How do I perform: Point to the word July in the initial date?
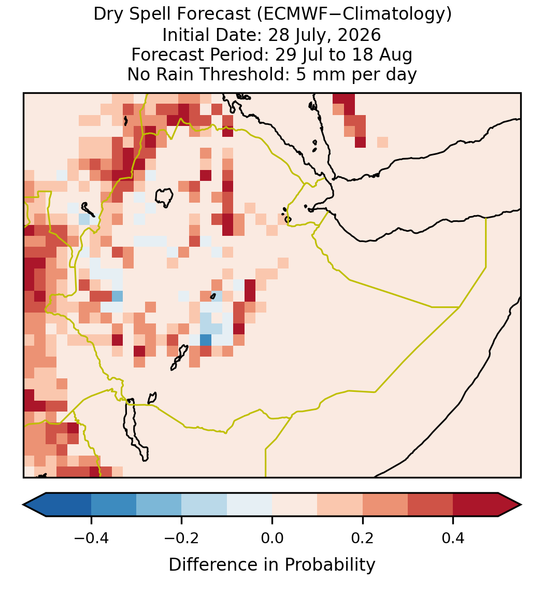307,36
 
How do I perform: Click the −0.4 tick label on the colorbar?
91,538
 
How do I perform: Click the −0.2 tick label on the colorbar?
182,538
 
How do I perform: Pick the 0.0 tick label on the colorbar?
272,538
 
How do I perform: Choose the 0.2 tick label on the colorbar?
363,538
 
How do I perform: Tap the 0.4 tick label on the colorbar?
453,538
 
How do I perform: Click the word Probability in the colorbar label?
330,565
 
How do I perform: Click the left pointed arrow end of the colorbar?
23,505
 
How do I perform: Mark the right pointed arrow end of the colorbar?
521,505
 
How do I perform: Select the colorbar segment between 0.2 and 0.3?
385,505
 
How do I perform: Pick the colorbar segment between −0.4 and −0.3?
113,505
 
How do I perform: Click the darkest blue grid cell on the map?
206,340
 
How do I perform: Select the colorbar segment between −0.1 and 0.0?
250,505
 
